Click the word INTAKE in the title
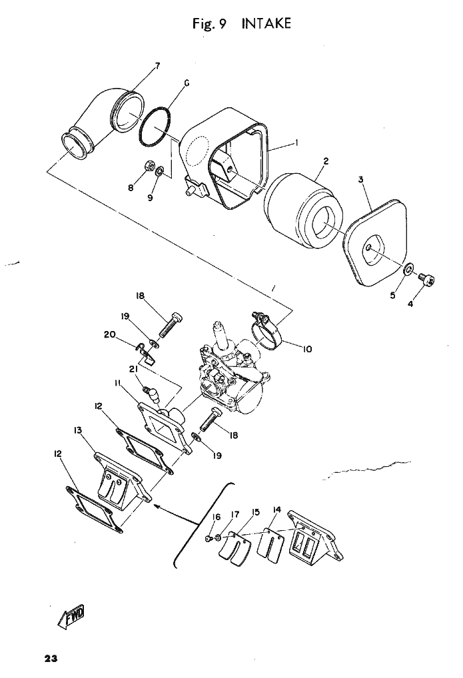point(266,25)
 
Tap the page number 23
point(51,659)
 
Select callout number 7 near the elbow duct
point(157,65)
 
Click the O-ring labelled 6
point(154,126)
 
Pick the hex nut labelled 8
point(150,166)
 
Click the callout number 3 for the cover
point(360,180)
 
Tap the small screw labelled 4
point(429,282)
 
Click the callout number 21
point(133,369)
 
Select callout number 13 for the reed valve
point(78,430)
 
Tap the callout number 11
point(117,382)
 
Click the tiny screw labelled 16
point(209,536)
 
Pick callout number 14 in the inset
point(276,510)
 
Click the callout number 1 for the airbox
point(296,143)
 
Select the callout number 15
point(255,512)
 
